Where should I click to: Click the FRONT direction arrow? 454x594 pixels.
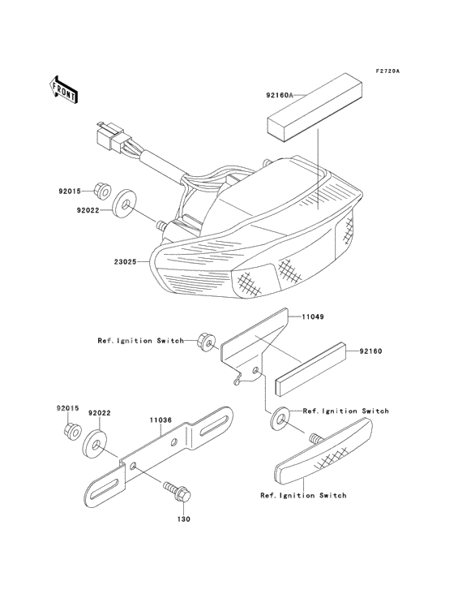coord(63,90)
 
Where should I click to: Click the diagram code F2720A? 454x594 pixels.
coord(388,71)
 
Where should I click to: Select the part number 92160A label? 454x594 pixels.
coord(279,96)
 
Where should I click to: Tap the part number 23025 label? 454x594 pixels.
coord(125,262)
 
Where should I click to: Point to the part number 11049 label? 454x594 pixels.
coord(312,316)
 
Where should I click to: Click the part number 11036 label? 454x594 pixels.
coord(161,420)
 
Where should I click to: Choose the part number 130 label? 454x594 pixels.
coord(184,519)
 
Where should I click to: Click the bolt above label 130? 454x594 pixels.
coord(177,491)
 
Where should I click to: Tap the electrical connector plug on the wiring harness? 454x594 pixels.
coord(111,137)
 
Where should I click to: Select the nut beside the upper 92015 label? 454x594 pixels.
coord(102,191)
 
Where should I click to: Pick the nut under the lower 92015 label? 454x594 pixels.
coord(71,432)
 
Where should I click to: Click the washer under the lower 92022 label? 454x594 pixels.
coord(94,444)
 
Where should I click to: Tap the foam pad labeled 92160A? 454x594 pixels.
coord(315,108)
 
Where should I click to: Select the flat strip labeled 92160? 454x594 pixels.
coord(312,368)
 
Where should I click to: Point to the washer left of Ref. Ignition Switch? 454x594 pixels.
coord(281,419)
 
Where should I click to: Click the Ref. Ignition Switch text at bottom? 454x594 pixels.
coord(303,495)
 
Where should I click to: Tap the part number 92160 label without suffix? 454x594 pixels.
coord(370,351)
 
